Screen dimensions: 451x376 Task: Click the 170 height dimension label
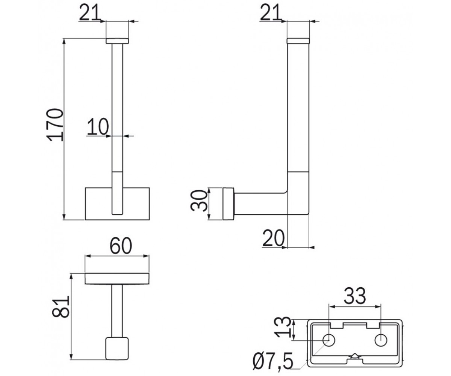(x=55, y=125)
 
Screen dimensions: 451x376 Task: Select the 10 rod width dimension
(x=98, y=127)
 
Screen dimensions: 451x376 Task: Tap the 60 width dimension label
(x=121, y=246)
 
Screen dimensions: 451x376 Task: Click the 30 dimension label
(x=199, y=200)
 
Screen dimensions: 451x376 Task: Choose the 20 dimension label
(x=274, y=238)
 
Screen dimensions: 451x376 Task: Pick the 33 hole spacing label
(x=355, y=296)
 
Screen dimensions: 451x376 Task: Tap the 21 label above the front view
(x=90, y=12)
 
